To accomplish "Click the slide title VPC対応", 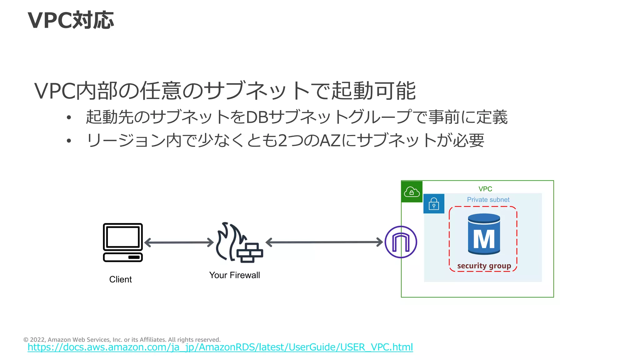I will [x=71, y=21].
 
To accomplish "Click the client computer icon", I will [x=123, y=242].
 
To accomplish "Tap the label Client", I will [x=120, y=279].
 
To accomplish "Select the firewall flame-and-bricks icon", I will [x=239, y=242].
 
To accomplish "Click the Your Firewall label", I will [x=234, y=275].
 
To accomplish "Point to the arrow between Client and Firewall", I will [x=179, y=242].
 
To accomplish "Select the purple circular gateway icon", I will [x=401, y=242].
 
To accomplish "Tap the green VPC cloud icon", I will [x=412, y=192].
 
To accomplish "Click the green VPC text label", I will [x=485, y=189].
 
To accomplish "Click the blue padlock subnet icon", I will [x=434, y=204].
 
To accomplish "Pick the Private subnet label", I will [x=488, y=200].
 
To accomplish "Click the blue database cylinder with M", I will [x=484, y=234].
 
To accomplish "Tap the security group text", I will [x=484, y=266].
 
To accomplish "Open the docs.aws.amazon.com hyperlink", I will [x=220, y=347].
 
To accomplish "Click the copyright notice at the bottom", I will [x=122, y=340].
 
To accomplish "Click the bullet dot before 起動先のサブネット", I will [x=69, y=117].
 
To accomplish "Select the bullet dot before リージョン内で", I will [x=69, y=141].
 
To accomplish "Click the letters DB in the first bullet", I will [x=257, y=117].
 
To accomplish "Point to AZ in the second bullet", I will [x=330, y=141].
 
